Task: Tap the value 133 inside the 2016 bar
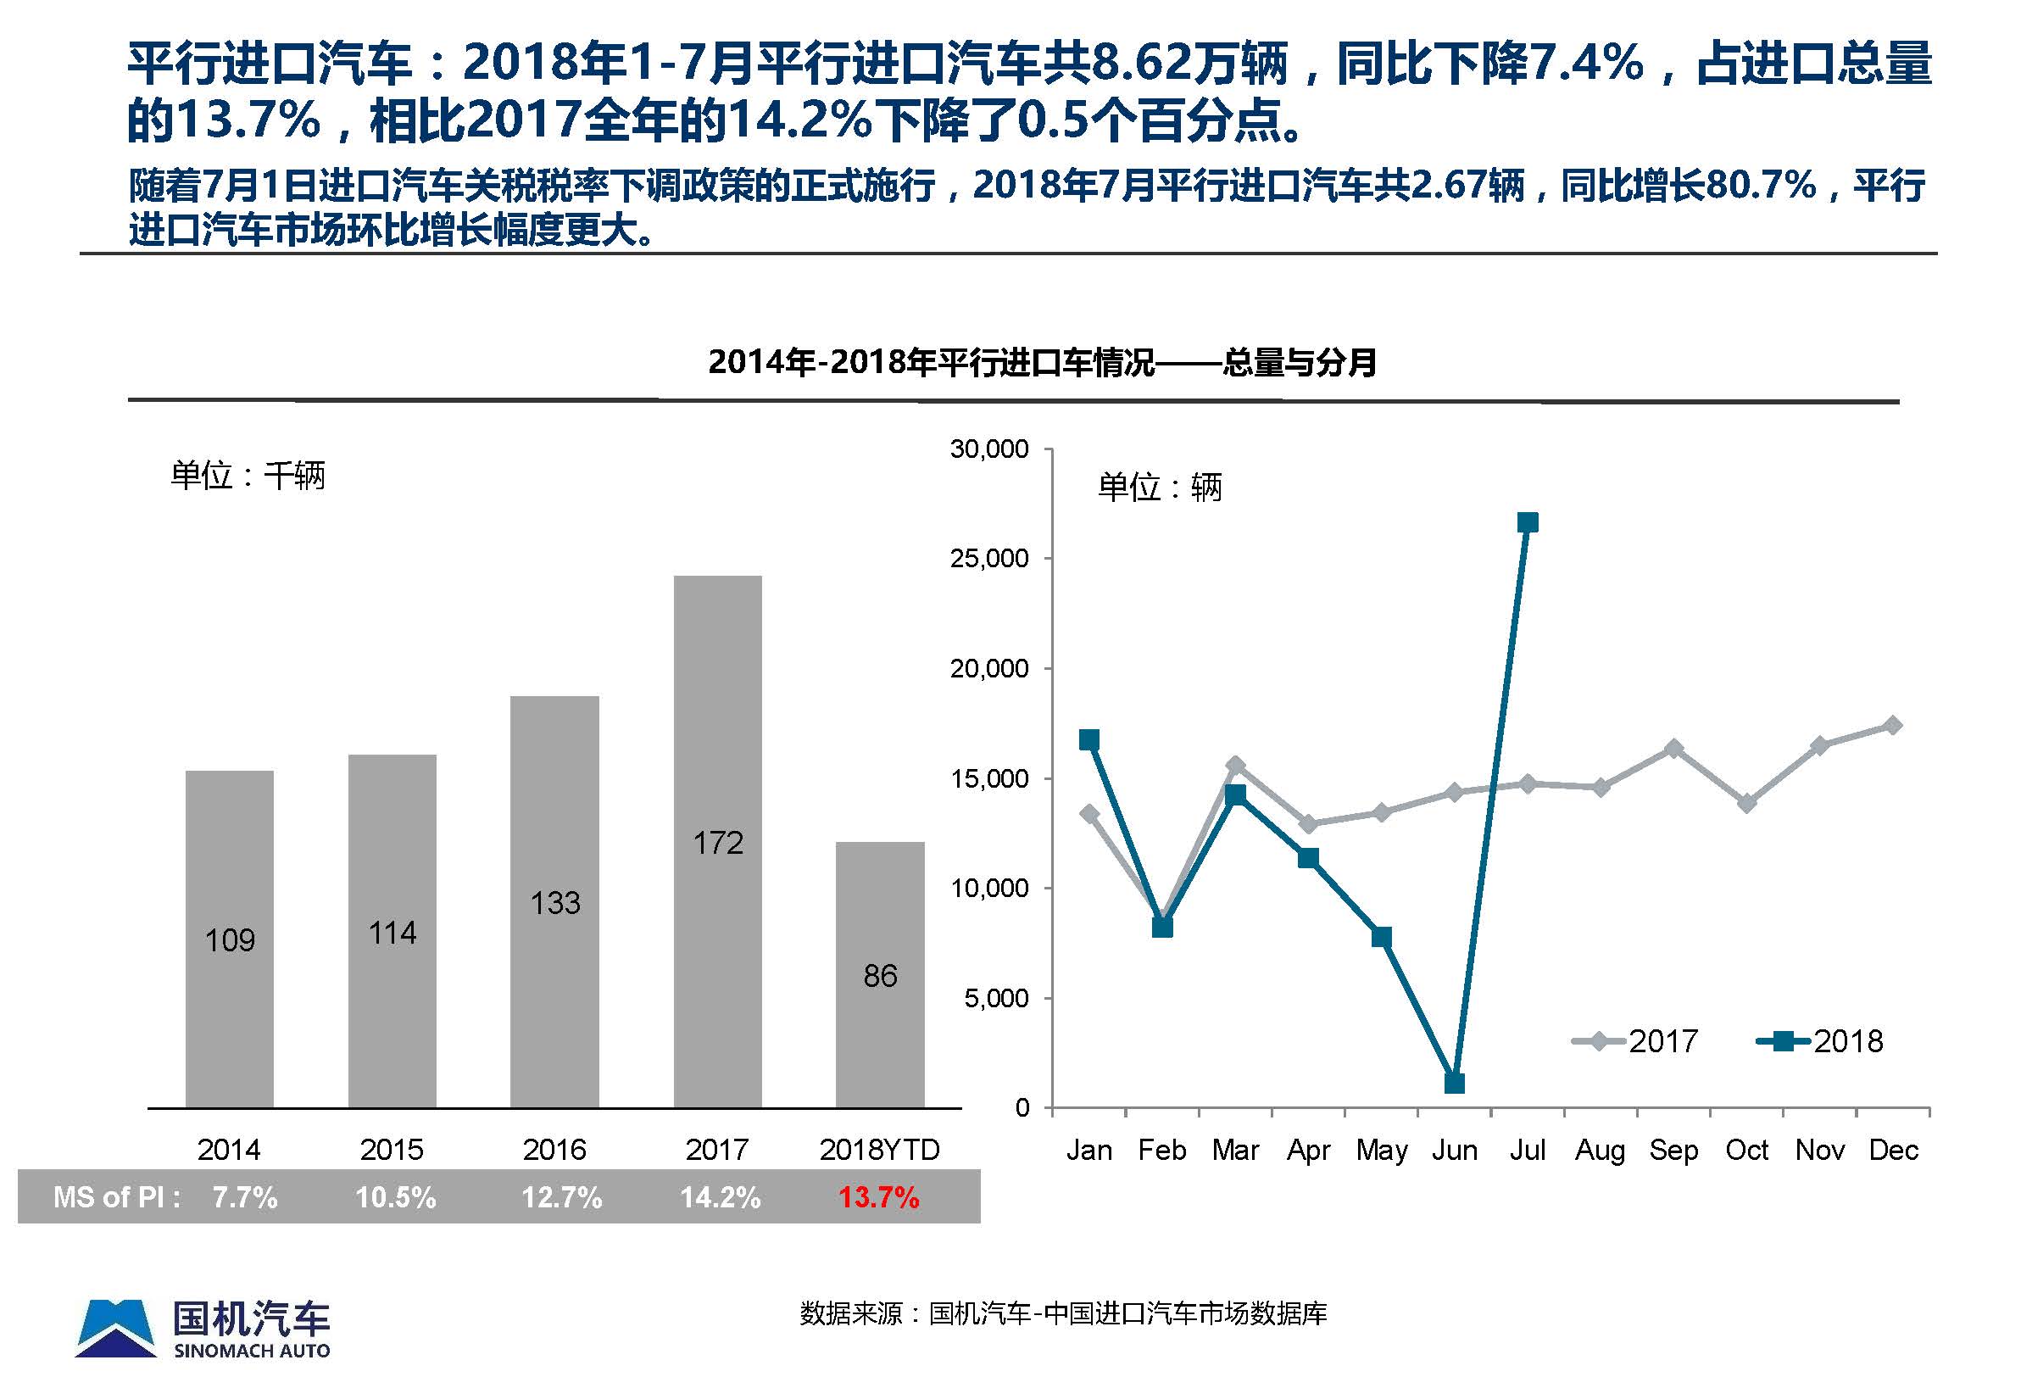[554, 903]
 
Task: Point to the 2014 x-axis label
[229, 1149]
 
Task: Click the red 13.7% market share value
[878, 1197]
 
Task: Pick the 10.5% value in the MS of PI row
[395, 1197]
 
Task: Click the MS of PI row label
[116, 1197]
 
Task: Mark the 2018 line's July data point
[1528, 523]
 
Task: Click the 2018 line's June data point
[1454, 1084]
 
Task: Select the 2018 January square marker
[1089, 740]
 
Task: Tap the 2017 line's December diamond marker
[1893, 725]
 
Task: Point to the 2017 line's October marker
[1746, 803]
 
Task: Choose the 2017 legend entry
[1636, 1041]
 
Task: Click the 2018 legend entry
[1820, 1041]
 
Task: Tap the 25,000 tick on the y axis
[989, 559]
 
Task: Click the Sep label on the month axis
[1673, 1149]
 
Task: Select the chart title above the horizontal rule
[1041, 362]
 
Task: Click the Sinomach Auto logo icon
[115, 1329]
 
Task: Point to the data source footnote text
[1063, 1313]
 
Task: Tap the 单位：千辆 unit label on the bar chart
[248, 476]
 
